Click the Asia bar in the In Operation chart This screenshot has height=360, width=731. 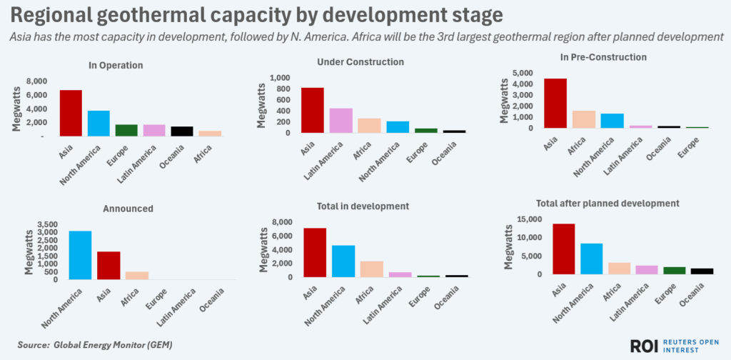click(x=70, y=113)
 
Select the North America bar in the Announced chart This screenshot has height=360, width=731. click(x=79, y=255)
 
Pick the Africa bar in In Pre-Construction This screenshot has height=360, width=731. click(x=584, y=119)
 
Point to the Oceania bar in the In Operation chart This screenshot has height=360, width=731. click(x=182, y=131)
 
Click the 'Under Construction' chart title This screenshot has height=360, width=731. click(x=361, y=62)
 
